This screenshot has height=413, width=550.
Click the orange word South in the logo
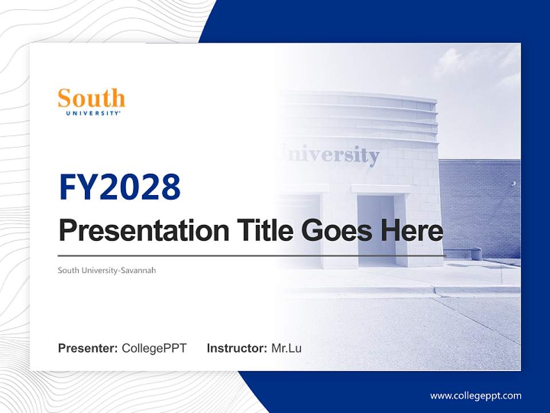click(92, 99)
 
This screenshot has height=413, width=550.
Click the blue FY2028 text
click(120, 188)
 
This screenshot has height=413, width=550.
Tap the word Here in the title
click(411, 231)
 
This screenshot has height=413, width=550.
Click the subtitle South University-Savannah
click(107, 270)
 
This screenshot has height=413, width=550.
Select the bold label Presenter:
click(88, 348)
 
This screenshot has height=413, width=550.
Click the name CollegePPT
click(154, 348)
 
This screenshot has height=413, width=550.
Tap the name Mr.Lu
click(286, 348)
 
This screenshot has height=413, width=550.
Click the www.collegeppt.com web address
click(476, 396)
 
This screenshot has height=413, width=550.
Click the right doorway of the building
click(376, 229)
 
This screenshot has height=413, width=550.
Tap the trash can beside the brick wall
click(476, 254)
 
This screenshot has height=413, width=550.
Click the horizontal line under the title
click(252, 256)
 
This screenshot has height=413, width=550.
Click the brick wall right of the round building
click(481, 206)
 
